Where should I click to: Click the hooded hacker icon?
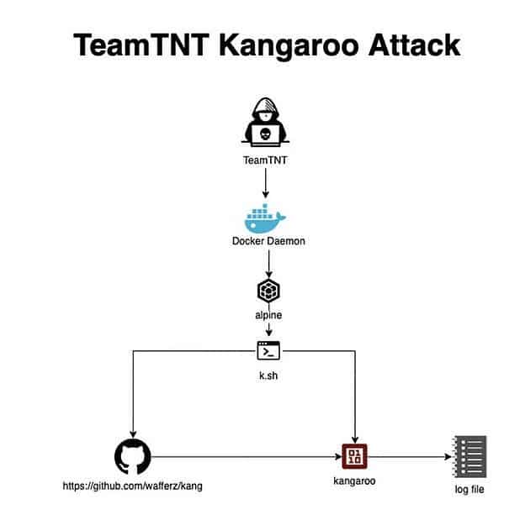point(266,124)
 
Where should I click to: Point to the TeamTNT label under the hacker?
point(266,159)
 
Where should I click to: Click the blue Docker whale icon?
point(264,218)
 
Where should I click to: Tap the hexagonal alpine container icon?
point(268,291)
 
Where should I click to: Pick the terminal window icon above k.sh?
point(268,350)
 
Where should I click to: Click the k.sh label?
point(268,375)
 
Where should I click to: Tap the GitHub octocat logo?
point(132,457)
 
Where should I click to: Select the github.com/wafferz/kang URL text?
point(133,486)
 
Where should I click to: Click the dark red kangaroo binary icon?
point(354,457)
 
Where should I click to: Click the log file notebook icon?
point(469,457)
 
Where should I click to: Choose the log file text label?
point(469,490)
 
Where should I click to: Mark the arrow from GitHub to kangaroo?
point(244,458)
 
